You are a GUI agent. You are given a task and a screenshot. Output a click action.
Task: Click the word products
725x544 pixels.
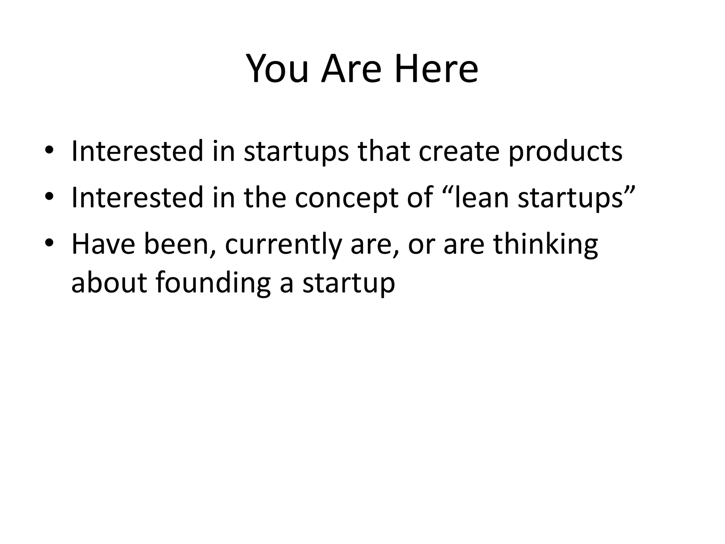565,152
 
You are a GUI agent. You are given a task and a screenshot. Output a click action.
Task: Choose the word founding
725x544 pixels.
213,283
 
